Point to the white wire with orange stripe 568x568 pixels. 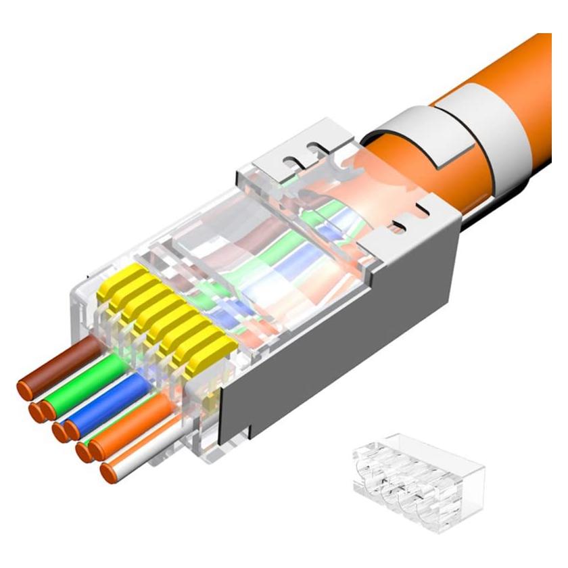[145, 446]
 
